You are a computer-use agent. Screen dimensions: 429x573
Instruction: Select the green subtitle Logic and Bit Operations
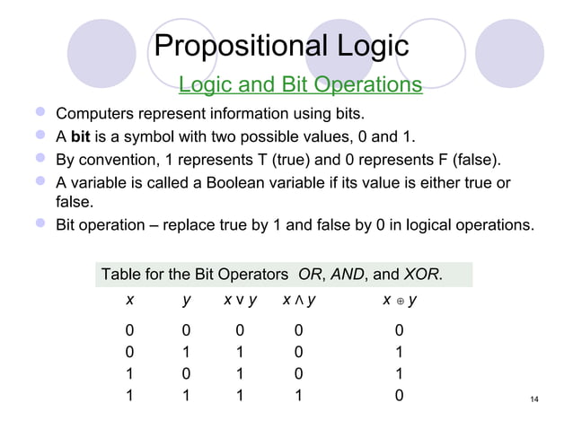300,85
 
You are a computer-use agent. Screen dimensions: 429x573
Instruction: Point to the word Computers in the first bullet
93,116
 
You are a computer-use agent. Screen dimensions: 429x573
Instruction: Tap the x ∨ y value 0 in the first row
241,331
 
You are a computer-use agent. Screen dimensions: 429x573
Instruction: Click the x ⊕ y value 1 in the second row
399,352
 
